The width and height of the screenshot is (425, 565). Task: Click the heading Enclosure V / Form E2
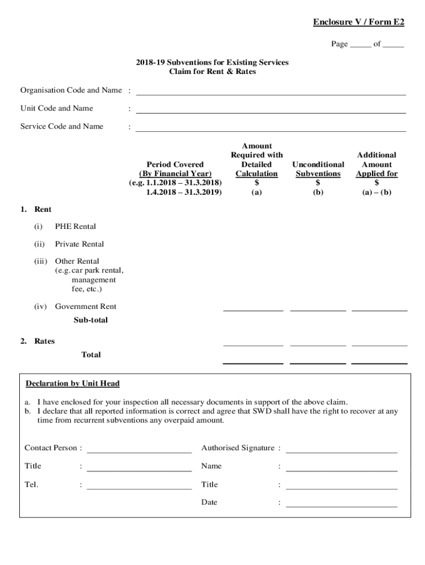click(358, 22)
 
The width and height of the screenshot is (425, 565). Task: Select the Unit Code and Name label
click(56, 108)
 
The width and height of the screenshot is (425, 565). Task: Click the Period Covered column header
click(175, 164)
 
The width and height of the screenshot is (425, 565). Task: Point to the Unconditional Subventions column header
click(318, 169)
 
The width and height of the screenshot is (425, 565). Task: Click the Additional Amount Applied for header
click(376, 164)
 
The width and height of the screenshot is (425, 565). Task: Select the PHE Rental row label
click(75, 226)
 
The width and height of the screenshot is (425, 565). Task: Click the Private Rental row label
click(79, 244)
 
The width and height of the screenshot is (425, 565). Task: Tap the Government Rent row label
click(86, 306)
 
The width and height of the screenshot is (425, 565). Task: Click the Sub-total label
click(91, 320)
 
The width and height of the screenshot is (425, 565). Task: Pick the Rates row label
click(44, 341)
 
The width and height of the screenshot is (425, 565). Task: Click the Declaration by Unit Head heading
click(72, 383)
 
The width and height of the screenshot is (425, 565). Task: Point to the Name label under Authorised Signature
click(211, 466)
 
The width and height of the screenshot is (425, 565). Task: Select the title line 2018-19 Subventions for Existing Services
click(212, 62)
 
